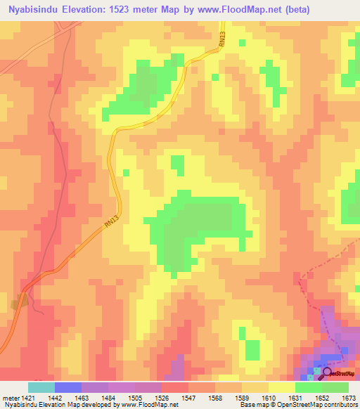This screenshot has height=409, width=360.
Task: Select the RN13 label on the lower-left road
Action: coord(108,221)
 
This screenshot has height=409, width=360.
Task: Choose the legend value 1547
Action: coord(188,397)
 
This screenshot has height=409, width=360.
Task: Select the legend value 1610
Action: coord(269,397)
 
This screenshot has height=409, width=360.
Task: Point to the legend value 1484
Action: coord(107,397)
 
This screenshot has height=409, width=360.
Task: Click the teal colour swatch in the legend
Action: coord(41,387)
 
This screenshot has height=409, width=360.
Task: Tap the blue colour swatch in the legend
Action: coord(67,387)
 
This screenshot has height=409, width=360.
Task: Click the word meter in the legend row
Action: coord(8,397)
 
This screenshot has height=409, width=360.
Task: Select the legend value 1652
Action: coord(322,397)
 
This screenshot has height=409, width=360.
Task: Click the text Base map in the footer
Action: coord(252,405)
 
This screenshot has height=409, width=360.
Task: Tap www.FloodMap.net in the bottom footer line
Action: coord(148,405)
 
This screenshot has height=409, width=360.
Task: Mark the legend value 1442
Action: coord(53,397)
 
